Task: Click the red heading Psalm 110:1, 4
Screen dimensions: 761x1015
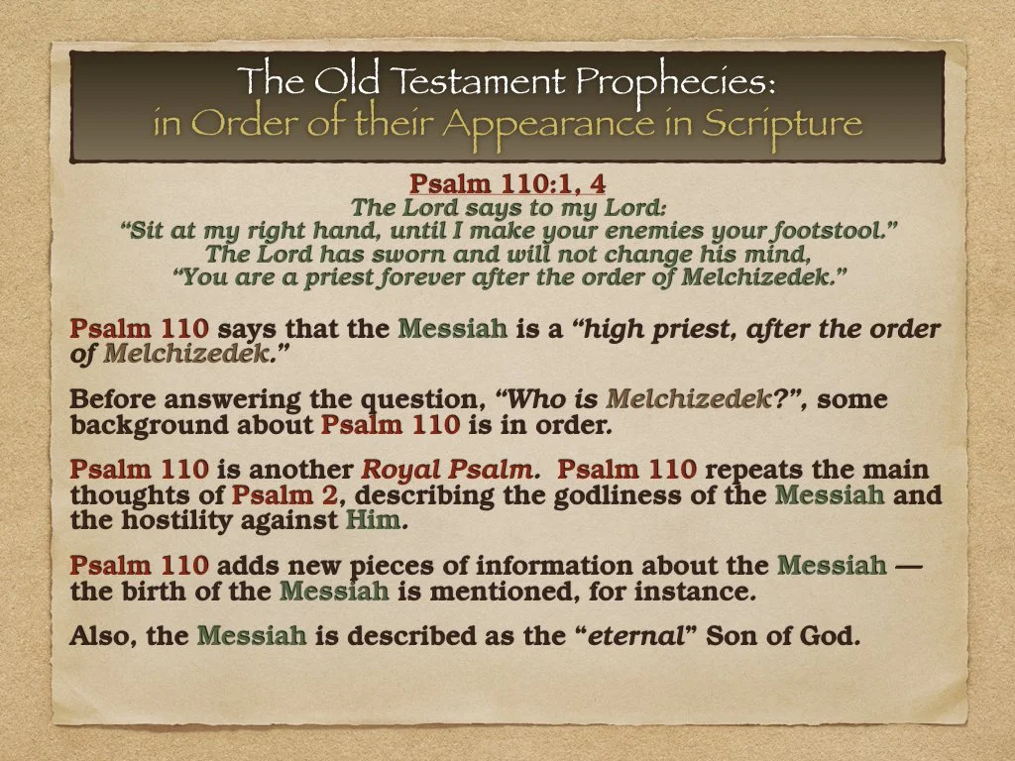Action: click(508, 184)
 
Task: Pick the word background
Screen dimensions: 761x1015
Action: click(136, 425)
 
